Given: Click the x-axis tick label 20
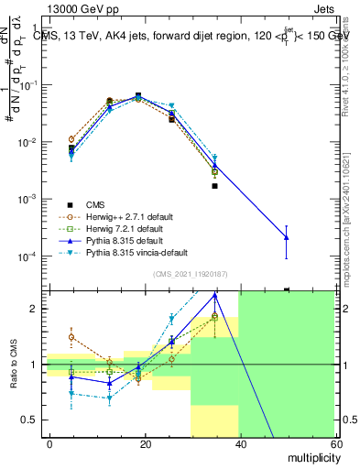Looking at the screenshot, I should pyautogui.click(x=145, y=442).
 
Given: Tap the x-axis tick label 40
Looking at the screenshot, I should pyautogui.click(x=240, y=442).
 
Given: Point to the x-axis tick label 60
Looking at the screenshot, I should pyautogui.click(x=334, y=442).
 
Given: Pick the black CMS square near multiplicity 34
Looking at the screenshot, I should pyautogui.click(x=214, y=186).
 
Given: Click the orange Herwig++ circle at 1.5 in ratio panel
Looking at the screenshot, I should pyautogui.click(x=71, y=337).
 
